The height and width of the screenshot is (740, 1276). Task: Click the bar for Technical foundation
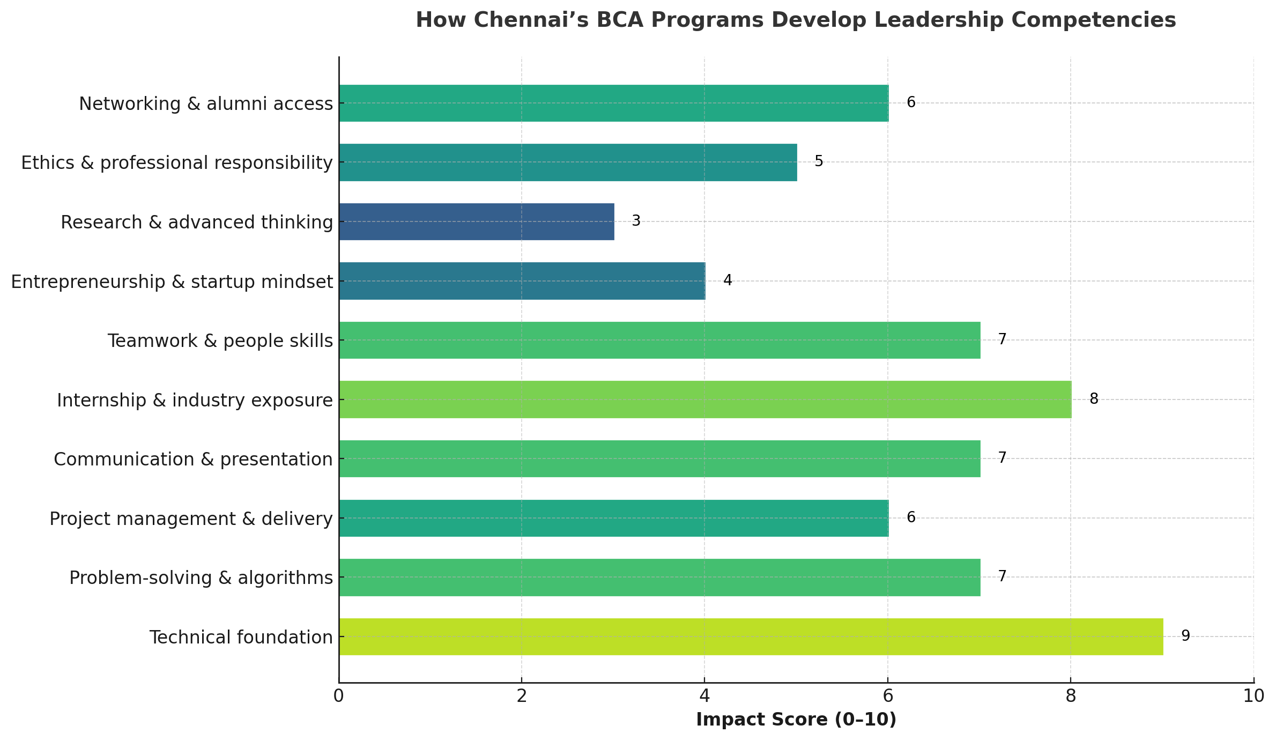(x=751, y=637)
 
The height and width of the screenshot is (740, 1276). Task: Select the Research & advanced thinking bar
(x=476, y=221)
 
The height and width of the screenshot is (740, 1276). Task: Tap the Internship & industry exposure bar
(x=705, y=399)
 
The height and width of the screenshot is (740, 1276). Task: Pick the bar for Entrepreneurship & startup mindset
(x=522, y=281)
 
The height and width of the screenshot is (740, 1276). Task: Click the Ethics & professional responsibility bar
(x=568, y=162)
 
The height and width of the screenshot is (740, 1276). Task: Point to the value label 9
(x=1185, y=636)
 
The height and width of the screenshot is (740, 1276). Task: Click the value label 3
(x=636, y=221)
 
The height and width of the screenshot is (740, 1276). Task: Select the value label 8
(x=1094, y=399)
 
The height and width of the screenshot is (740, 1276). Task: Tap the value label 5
(x=819, y=161)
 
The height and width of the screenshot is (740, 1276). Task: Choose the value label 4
(x=728, y=280)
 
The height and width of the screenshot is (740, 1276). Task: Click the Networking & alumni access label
(x=206, y=104)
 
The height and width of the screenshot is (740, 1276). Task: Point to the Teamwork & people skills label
(x=220, y=341)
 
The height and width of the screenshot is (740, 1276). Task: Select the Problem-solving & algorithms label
(x=201, y=578)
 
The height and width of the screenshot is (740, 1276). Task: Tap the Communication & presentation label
(x=193, y=460)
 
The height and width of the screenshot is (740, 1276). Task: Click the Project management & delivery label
(x=191, y=519)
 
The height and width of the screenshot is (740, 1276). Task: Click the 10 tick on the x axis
(x=1253, y=696)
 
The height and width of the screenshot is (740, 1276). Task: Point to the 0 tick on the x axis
(x=339, y=696)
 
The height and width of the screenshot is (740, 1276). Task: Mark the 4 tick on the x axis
(x=704, y=696)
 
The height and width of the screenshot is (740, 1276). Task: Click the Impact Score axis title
(x=796, y=720)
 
